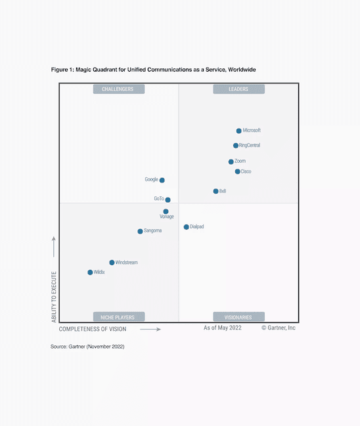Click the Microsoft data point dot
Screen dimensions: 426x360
[x=239, y=131]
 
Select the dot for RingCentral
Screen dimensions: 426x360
[x=236, y=146]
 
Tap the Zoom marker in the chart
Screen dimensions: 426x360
[x=231, y=161]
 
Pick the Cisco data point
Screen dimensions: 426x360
[x=238, y=171]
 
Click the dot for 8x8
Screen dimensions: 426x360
[x=215, y=191]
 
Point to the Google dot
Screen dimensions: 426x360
[x=162, y=180]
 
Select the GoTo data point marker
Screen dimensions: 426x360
[x=168, y=200]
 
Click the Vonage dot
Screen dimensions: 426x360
[x=166, y=211]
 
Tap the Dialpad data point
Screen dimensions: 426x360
[x=187, y=227]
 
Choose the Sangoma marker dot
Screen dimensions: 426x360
[x=140, y=231]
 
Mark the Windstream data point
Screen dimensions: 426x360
[x=112, y=263]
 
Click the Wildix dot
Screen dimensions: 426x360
[x=90, y=272]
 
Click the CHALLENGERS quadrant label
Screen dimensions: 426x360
[x=118, y=89]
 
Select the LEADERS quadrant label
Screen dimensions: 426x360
[x=238, y=89]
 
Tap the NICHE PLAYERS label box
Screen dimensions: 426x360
[x=118, y=316]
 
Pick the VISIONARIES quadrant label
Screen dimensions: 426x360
[x=238, y=316]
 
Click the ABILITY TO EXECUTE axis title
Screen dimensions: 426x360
[x=54, y=297]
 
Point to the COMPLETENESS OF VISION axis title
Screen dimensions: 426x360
[x=93, y=329]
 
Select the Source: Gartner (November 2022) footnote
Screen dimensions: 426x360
[x=87, y=346]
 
